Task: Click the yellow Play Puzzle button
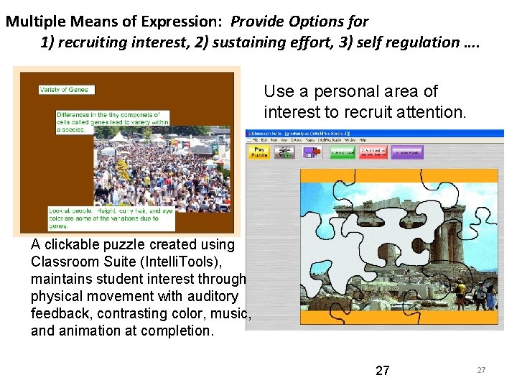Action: [x=259, y=152]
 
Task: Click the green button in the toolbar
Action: [x=343, y=152]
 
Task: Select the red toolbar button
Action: [x=375, y=152]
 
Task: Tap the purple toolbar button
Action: [x=408, y=152]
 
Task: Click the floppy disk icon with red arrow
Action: [x=308, y=152]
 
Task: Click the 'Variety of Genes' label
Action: [x=67, y=90]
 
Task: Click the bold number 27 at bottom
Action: [x=383, y=371]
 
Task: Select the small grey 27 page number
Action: [x=481, y=370]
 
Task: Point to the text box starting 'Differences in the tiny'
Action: [x=113, y=122]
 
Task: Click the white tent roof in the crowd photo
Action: [x=118, y=137]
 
